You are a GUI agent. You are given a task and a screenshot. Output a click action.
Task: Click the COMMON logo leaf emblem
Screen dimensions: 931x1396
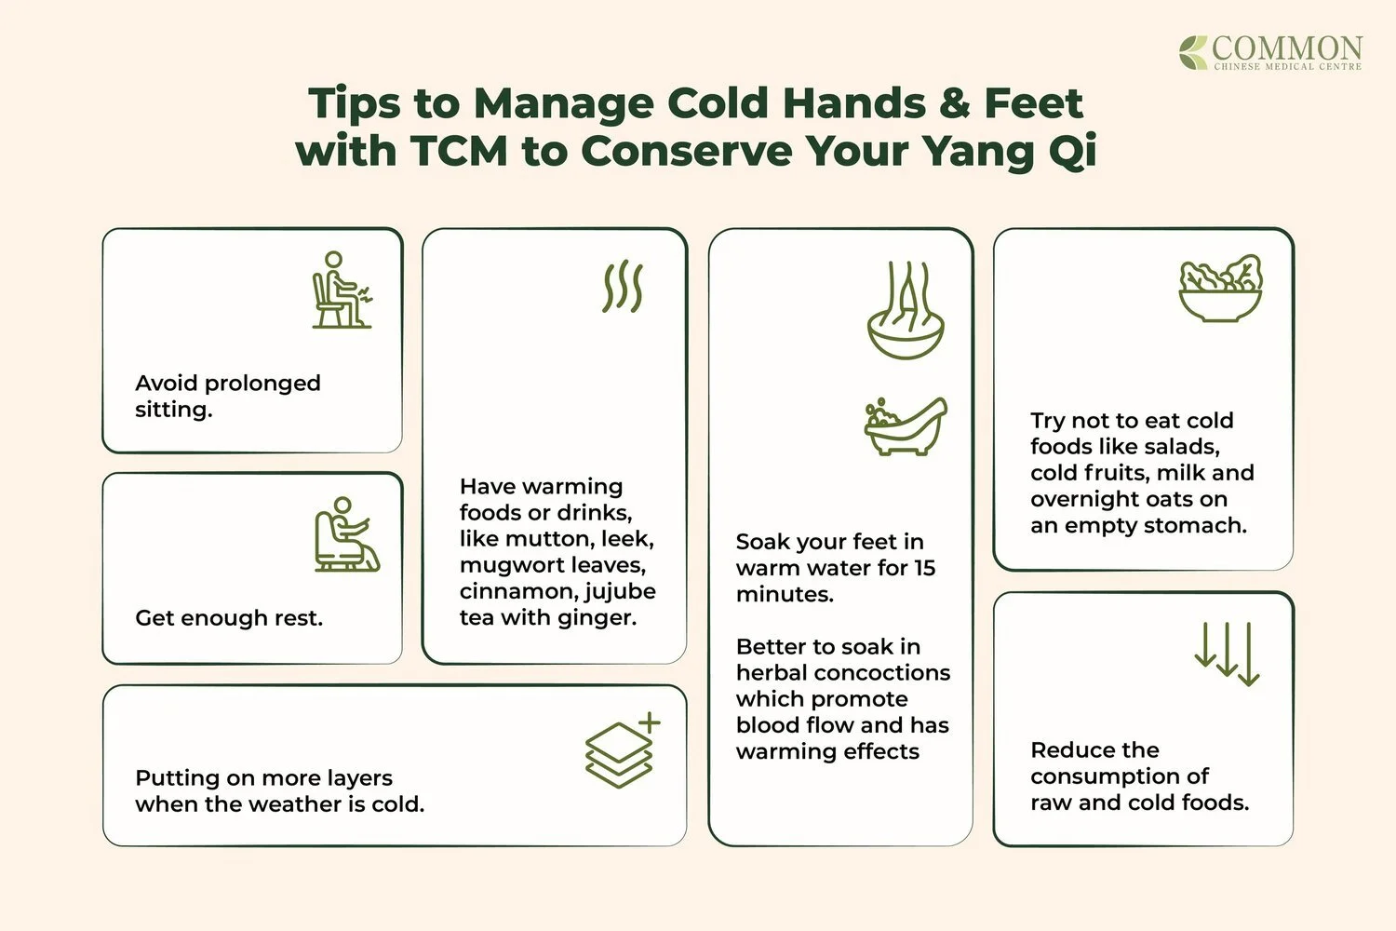pos(1193,52)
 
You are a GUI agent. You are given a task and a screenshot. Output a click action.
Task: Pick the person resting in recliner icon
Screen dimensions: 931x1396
pos(345,534)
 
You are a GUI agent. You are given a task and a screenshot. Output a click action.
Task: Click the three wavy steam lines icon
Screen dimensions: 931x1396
pos(623,286)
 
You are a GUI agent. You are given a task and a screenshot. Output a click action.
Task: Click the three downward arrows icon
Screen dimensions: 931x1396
pos(1227,654)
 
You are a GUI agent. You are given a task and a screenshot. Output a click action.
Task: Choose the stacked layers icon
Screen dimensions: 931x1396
pos(618,755)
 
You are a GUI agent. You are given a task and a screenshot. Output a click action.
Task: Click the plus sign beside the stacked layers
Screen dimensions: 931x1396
pos(650,722)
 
